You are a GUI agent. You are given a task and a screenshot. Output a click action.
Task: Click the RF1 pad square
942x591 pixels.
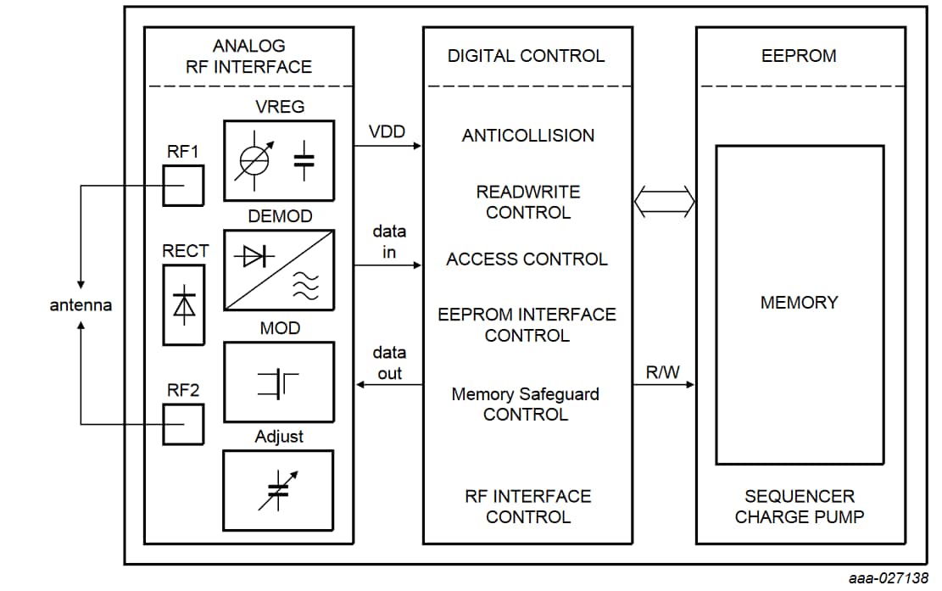tap(183, 186)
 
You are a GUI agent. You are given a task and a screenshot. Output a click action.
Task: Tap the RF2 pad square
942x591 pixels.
tap(183, 424)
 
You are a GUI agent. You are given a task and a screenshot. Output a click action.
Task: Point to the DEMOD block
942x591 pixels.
tap(278, 270)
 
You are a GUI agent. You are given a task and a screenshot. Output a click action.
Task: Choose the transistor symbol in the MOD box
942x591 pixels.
tap(278, 383)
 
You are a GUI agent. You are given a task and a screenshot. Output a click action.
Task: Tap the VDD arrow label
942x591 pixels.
tap(387, 132)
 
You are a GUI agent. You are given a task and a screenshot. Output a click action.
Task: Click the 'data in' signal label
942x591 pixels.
tap(389, 242)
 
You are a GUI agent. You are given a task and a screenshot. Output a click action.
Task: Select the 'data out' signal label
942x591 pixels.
tap(389, 362)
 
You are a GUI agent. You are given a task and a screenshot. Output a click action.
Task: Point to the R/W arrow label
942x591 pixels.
tap(662, 371)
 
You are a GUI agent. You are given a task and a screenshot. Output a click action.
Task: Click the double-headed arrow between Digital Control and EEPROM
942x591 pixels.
tap(665, 202)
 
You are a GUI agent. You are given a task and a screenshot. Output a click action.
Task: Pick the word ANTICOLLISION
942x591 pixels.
tap(528, 136)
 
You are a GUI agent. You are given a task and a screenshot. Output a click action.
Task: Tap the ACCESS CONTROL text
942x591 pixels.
tap(527, 259)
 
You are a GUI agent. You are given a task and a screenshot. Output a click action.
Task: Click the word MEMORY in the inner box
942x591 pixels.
tap(799, 303)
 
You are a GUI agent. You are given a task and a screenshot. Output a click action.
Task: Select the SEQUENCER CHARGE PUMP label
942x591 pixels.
tap(800, 506)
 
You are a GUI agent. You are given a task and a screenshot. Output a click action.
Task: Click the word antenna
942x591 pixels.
tap(81, 305)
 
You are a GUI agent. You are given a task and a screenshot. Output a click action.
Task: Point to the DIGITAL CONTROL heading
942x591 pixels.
tap(527, 56)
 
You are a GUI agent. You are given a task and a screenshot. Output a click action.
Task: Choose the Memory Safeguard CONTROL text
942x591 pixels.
tap(526, 404)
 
